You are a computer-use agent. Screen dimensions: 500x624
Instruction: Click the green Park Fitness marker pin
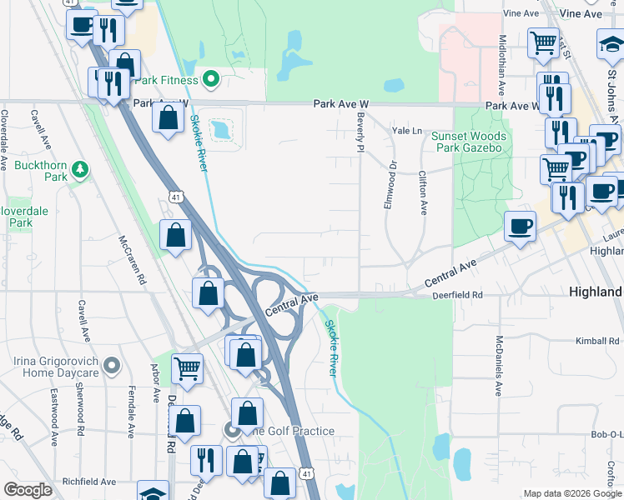[211, 80]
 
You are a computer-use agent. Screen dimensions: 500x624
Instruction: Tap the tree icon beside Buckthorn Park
[80, 170]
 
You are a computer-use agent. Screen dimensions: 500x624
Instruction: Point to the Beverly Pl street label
[362, 133]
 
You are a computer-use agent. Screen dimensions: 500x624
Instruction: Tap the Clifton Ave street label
[423, 192]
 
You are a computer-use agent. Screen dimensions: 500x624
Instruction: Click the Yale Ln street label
[408, 131]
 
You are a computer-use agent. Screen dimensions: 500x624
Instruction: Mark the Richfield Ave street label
[89, 482]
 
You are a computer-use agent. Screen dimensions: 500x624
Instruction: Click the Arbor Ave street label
[155, 382]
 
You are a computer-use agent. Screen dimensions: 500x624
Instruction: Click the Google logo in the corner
[28, 489]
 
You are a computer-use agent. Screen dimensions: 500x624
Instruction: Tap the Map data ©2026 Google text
[571, 493]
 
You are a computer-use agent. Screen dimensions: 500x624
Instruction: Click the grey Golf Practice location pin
[233, 430]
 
